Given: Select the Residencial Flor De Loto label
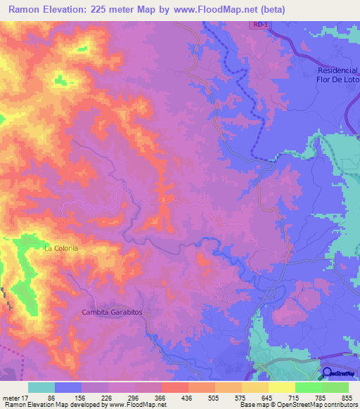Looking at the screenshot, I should (337, 74).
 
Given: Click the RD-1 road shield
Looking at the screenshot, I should (259, 25).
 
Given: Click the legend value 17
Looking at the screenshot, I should (25, 397).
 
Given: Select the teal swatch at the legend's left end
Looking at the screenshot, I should (41, 387).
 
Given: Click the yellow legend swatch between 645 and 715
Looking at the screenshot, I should (281, 387).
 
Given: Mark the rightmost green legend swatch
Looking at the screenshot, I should (335, 387).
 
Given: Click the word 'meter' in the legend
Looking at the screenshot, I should (11, 397).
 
